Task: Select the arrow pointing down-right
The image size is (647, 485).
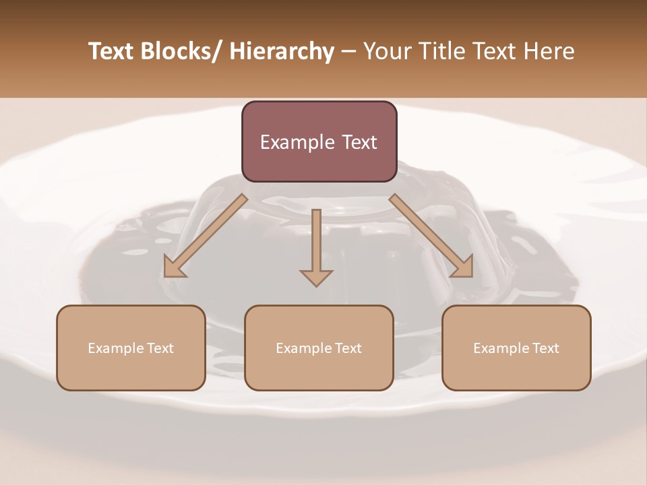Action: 431,236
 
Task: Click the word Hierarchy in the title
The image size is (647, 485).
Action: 282,51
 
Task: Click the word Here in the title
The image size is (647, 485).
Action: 547,51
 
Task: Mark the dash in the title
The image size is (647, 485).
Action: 348,53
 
